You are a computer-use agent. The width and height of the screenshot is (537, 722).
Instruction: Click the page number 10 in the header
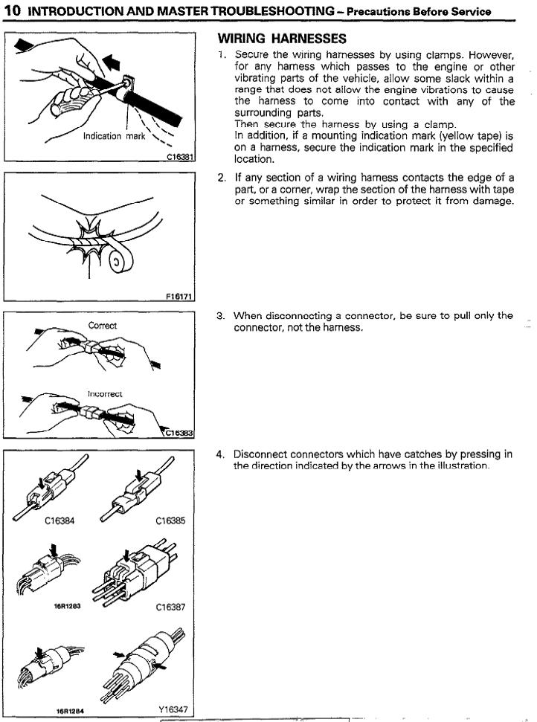point(12,11)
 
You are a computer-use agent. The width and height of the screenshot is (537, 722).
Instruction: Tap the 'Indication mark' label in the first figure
point(114,136)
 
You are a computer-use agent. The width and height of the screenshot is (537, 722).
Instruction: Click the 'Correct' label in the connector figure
point(103,326)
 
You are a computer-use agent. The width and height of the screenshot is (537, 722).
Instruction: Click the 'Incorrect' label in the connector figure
point(105,393)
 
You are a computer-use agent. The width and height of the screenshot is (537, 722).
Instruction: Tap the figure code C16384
point(60,520)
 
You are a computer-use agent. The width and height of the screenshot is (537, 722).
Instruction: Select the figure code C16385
point(170,520)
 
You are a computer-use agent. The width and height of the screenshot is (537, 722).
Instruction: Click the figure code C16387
point(170,606)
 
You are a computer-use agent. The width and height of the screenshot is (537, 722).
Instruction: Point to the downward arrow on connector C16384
point(40,484)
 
